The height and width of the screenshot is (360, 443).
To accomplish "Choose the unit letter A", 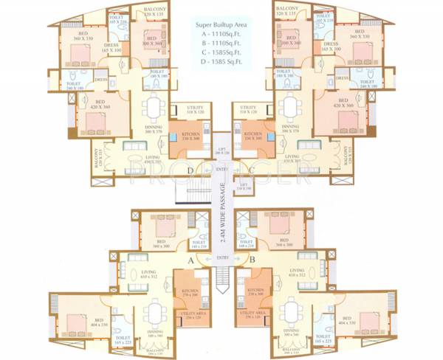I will pos(190,260).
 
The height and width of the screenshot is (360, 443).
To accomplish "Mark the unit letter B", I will pos(253,260).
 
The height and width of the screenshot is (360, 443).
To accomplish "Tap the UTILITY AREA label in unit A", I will pos(190,315).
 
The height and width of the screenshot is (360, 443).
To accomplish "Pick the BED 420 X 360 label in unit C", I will pos(342,103).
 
